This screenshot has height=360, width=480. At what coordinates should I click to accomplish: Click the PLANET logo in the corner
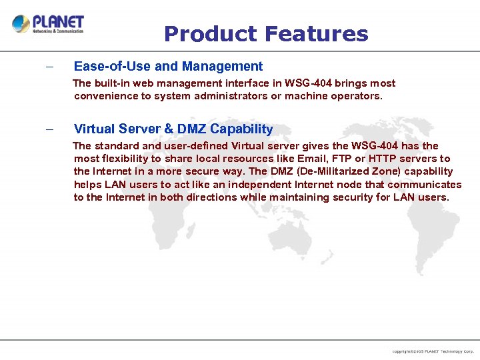(x=47, y=25)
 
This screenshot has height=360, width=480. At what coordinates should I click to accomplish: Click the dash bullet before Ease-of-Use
(x=49, y=67)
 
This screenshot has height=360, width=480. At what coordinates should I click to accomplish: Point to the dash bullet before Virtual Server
(x=49, y=129)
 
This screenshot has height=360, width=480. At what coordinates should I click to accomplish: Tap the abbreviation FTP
(x=339, y=159)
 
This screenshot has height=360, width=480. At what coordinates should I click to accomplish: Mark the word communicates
(x=425, y=185)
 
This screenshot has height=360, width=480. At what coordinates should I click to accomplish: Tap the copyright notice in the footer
(x=433, y=351)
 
